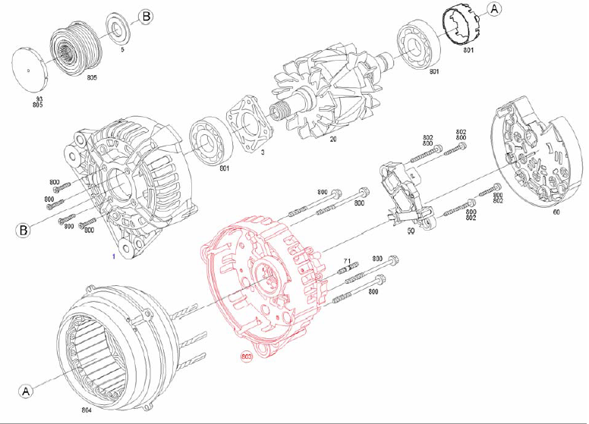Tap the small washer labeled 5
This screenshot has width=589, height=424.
click(x=117, y=29)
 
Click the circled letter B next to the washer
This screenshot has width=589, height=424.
click(x=146, y=16)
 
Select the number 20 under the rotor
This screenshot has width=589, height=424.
click(x=332, y=140)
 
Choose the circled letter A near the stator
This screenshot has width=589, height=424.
click(x=27, y=391)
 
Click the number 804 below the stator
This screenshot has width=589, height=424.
click(x=87, y=410)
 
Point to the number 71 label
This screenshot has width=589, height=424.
click(x=346, y=260)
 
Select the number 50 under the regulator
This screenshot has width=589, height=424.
click(x=410, y=230)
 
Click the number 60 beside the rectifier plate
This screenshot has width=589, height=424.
click(x=556, y=212)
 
